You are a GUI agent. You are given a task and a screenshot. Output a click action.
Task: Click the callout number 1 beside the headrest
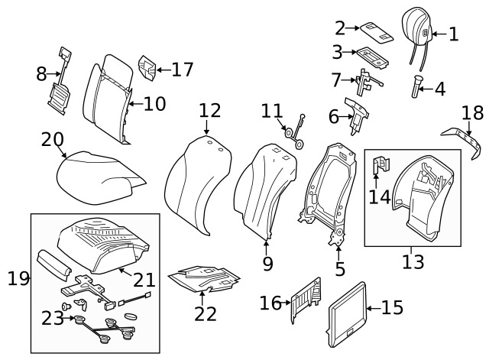coord(452,34)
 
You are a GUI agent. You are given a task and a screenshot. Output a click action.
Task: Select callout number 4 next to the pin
coord(439,89)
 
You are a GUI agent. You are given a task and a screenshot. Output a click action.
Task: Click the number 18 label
coord(473,114)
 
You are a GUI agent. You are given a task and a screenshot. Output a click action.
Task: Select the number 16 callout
coord(270,304)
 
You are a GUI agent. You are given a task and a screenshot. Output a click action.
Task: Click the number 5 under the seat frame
coord(340,269)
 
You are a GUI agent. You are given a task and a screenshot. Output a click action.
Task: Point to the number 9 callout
coord(267,265)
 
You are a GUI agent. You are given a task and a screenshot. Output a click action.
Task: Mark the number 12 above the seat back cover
coord(210,112)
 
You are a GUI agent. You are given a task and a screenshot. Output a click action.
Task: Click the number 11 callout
coord(271,112)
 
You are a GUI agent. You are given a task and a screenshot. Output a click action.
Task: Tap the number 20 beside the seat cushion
coord(52,139)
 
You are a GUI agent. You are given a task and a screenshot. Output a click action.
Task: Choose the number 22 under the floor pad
coord(205,313)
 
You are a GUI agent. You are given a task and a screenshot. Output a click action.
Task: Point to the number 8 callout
coord(41,74)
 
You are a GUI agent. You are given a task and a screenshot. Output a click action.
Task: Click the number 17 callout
coord(183,70)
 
